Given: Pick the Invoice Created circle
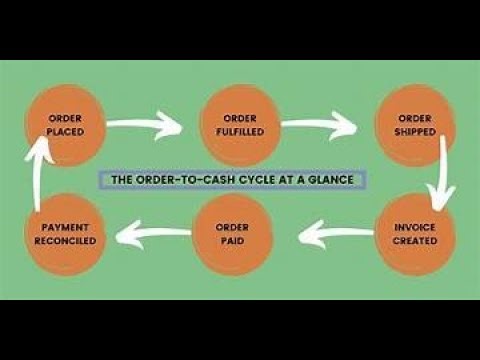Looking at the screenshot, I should (x=415, y=234).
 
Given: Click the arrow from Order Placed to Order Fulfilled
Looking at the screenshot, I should (x=145, y=125).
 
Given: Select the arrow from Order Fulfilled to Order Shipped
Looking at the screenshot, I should (x=320, y=125).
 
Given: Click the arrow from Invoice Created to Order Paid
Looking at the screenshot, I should (x=325, y=237).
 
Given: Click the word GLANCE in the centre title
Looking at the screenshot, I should (x=335, y=181).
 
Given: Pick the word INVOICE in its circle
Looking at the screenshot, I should (x=415, y=228).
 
